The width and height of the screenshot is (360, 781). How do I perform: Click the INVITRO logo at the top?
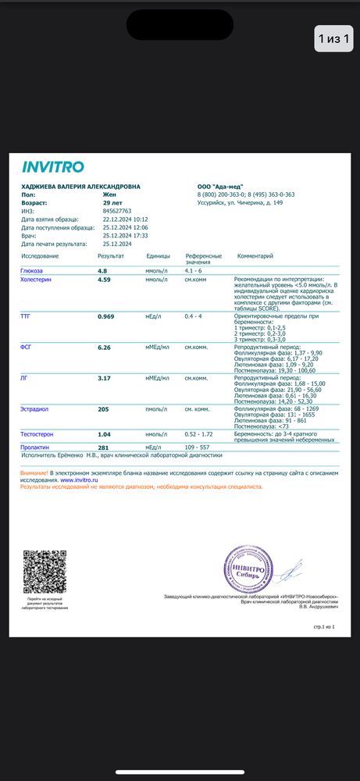[x=52, y=166]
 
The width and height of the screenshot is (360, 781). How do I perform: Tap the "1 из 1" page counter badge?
[x=333, y=37]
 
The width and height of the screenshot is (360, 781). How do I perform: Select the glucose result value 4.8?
[x=102, y=270]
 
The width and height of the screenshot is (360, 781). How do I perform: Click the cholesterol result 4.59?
[x=105, y=279]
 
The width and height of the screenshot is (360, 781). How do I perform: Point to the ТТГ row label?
[x=26, y=316]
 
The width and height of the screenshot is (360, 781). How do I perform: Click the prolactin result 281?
[x=103, y=447]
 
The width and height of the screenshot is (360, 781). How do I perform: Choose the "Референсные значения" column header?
[x=203, y=259]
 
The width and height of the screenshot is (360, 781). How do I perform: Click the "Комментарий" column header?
[x=255, y=255]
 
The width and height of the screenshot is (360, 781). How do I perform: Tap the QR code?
[x=45, y=571]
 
